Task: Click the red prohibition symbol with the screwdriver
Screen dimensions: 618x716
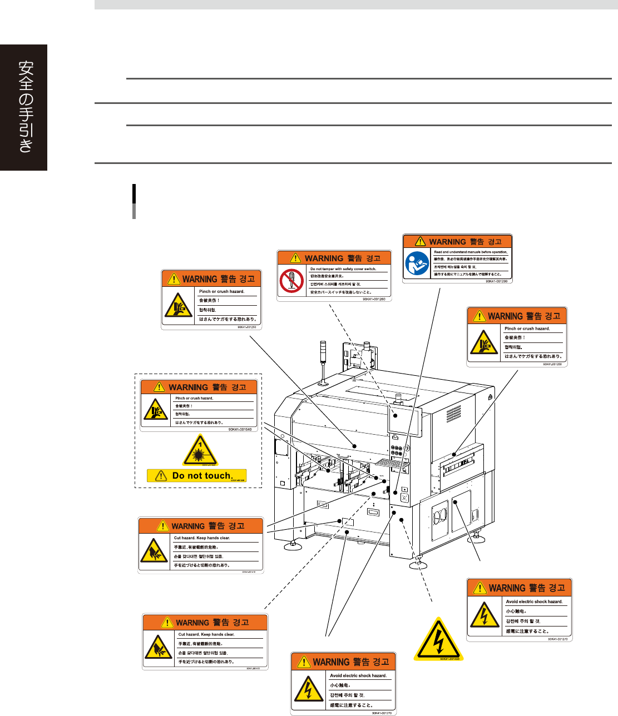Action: [291, 281]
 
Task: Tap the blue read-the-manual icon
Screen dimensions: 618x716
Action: [417, 263]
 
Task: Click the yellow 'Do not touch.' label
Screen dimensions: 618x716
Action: [196, 476]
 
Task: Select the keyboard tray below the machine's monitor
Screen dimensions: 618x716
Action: [393, 463]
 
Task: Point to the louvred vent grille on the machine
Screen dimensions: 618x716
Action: [453, 413]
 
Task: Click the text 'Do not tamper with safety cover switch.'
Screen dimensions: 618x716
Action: [343, 269]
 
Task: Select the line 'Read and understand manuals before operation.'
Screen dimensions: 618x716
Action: [471, 252]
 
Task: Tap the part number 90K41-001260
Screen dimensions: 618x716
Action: [374, 299]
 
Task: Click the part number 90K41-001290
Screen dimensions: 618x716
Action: [496, 281]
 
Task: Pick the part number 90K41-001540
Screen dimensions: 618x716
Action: [240, 429]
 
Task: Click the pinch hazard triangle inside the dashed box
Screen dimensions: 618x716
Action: [156, 410]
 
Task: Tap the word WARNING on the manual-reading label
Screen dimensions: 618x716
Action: [447, 242]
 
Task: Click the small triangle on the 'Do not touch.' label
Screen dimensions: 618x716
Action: [161, 476]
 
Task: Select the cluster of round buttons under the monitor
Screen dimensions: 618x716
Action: [397, 449]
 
